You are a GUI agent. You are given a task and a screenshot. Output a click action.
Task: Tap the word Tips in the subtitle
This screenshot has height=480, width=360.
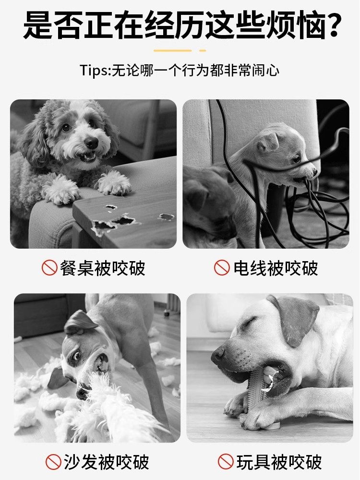95,71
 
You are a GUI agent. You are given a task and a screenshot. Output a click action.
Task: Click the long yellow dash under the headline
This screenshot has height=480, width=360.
173,50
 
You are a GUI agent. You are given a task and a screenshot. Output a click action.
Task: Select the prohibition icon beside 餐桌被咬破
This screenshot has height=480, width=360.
49,268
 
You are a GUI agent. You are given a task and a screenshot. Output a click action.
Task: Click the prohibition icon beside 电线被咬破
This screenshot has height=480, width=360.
222,268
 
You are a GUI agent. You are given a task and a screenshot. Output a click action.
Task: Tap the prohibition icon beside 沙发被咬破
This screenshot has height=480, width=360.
53,462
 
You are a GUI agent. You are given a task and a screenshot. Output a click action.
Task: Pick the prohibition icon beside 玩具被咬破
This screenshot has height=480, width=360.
226,462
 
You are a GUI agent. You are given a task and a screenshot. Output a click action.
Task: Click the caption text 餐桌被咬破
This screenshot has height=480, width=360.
102,268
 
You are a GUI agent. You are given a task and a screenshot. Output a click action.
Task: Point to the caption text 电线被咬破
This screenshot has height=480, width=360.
275,268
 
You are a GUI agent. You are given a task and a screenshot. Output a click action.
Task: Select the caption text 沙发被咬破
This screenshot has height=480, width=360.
106,462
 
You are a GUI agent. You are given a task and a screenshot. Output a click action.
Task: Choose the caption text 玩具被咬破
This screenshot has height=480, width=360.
279,462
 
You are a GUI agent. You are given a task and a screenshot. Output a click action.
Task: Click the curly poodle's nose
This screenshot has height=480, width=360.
91,143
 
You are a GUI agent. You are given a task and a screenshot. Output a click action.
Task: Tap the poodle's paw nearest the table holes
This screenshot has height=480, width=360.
113,183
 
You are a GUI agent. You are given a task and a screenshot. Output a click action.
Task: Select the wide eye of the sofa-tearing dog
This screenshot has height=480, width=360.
76,357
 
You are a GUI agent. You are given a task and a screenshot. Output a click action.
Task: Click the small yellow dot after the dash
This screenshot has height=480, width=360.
203,50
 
